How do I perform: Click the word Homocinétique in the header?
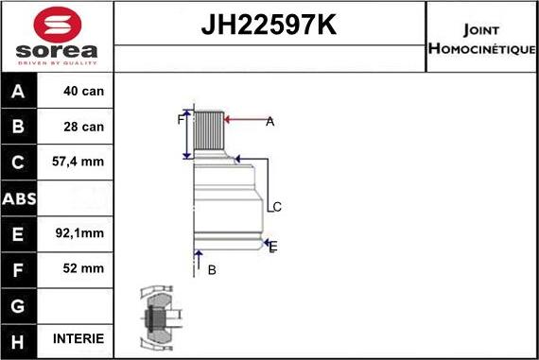click(x=482, y=48)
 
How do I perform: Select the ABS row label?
click(x=20, y=198)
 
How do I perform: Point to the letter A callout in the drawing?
click(x=269, y=121)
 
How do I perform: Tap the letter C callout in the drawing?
click(x=277, y=207)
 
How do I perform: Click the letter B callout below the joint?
click(x=212, y=270)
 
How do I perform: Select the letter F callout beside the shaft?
click(x=180, y=119)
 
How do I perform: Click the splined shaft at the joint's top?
click(x=208, y=130)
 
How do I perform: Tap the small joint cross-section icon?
click(x=156, y=315)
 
